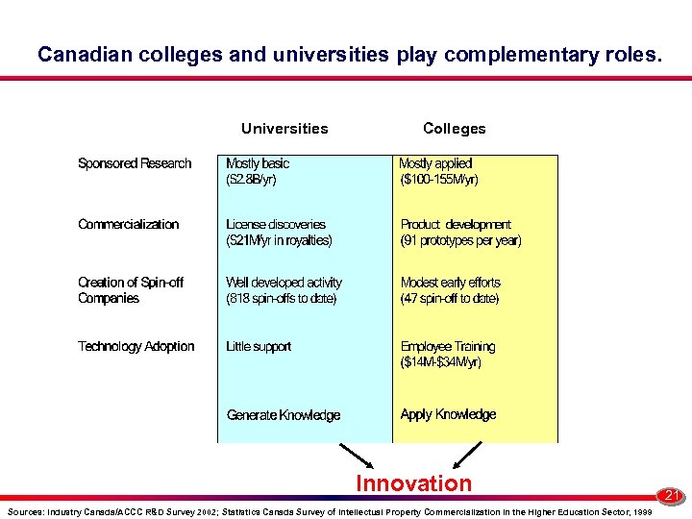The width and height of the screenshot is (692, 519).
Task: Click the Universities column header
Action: point(284,129)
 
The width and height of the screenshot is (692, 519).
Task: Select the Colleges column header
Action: point(455,129)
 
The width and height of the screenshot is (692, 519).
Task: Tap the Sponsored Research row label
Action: point(135,163)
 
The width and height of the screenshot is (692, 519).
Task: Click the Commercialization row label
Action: point(129,224)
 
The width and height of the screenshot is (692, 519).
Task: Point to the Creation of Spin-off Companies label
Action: point(131,290)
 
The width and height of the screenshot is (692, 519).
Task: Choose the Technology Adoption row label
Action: point(136,346)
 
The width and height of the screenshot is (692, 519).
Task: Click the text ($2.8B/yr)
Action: point(252,180)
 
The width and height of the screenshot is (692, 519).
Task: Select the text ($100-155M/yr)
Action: point(439,180)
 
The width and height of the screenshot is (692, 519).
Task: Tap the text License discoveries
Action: point(276,224)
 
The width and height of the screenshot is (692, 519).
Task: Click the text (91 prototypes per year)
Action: point(461,240)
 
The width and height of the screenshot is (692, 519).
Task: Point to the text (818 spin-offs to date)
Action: point(282,299)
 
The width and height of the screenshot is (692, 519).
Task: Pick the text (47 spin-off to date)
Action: point(450,299)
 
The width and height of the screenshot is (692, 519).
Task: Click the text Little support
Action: point(259,346)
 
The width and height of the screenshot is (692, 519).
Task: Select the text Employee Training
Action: point(448,346)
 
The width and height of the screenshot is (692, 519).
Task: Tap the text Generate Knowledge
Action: point(284,415)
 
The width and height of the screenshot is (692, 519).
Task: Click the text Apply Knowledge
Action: point(449,414)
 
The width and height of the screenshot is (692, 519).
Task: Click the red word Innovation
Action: point(414,483)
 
